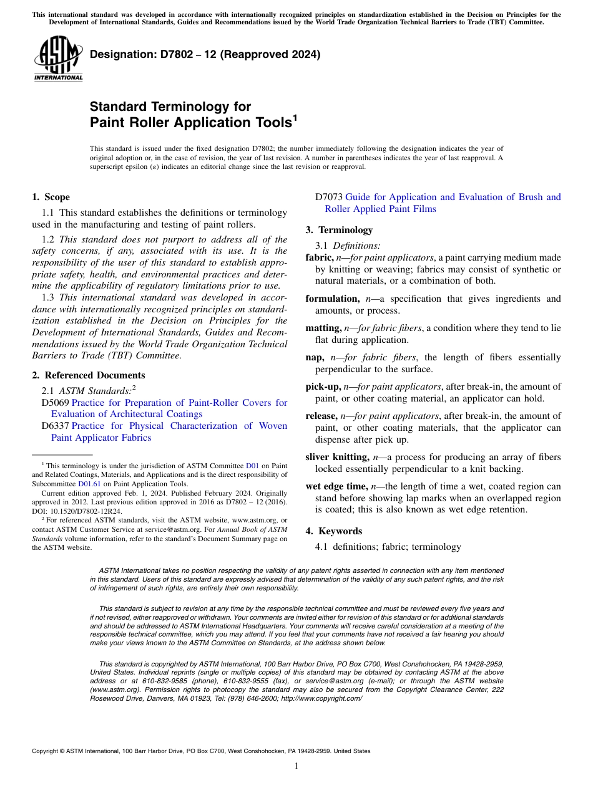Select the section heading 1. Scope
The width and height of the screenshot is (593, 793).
pos(51,197)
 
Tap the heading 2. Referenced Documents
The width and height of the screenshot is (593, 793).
pos(89,375)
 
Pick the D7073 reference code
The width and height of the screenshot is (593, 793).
pos(329,197)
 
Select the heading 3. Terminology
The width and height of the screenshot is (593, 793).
pos(339,230)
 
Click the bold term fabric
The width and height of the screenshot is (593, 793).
pos(319,257)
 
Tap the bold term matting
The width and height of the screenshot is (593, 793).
pos(323,328)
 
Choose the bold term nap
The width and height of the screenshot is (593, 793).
pos(315,357)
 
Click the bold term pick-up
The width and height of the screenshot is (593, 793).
pos(323,387)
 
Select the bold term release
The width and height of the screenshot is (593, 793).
pos(321,416)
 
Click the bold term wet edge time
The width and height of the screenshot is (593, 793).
pos(336,486)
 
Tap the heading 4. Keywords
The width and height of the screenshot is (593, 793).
pos(333,531)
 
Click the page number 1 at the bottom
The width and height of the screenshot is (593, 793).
pos(296,766)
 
